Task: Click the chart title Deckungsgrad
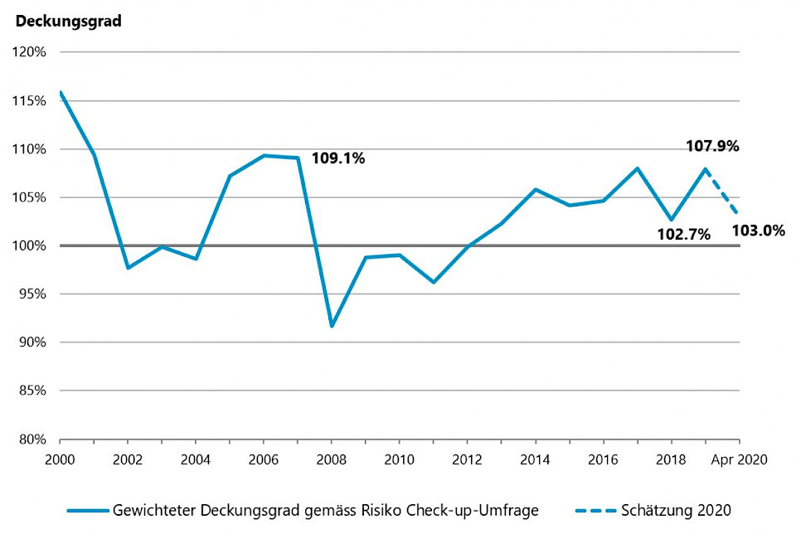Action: coord(69,22)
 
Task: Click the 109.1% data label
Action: coord(337,158)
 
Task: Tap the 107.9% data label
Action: coord(712,146)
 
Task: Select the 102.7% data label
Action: coord(683,234)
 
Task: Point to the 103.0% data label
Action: coord(758,231)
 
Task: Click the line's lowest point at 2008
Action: coord(332,326)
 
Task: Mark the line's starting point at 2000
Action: coord(61,93)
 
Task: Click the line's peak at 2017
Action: coord(637,168)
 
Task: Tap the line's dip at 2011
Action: coord(433,282)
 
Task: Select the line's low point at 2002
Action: coord(128,268)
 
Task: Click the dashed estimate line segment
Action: coord(722,192)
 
